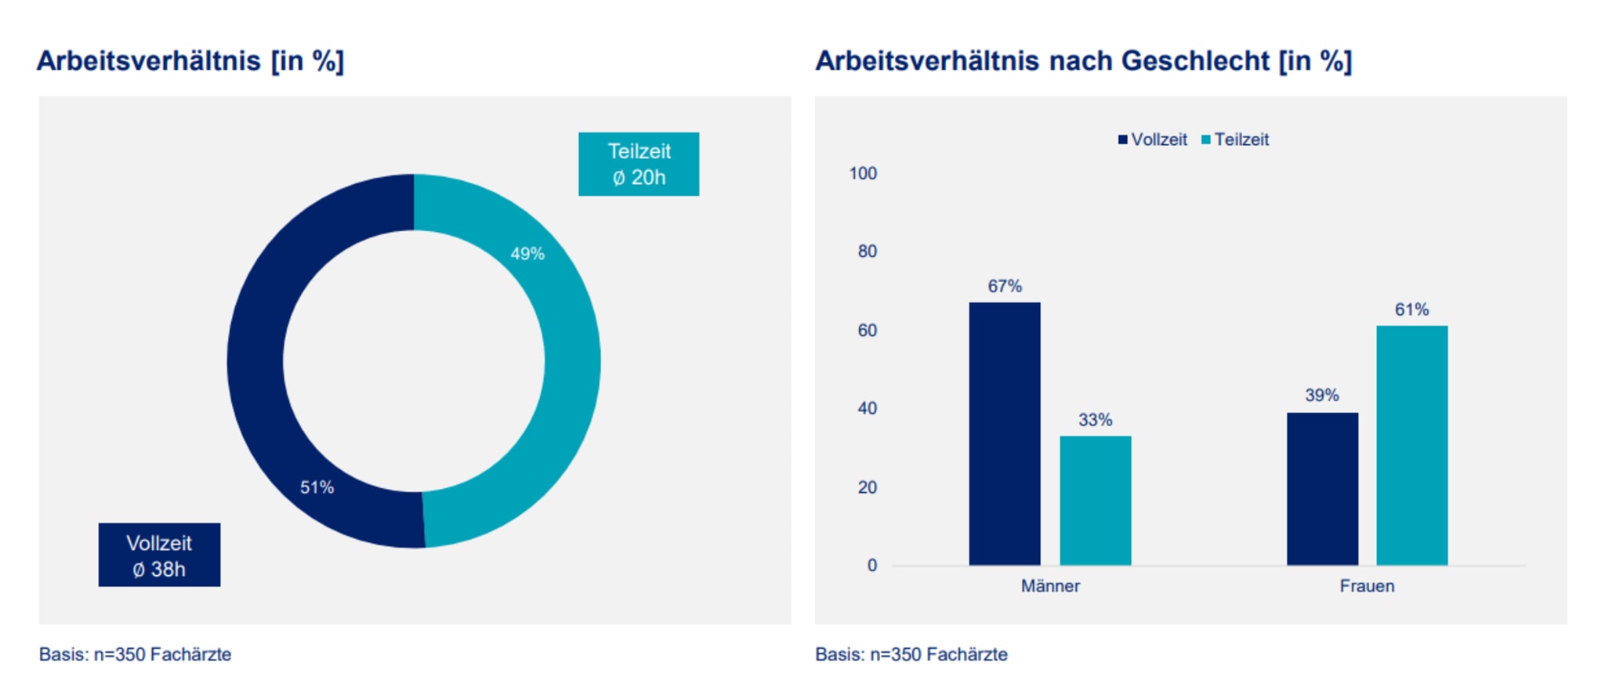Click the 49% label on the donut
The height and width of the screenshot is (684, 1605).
[527, 254]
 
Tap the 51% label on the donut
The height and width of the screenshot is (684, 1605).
[317, 487]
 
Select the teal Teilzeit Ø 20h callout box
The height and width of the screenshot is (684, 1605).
[638, 164]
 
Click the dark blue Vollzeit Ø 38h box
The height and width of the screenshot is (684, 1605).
[159, 555]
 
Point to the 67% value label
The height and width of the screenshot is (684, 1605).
[1004, 286]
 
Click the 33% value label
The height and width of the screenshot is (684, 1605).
[1095, 420]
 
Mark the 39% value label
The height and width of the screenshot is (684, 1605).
[1321, 396]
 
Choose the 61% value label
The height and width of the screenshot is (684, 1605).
[1411, 309]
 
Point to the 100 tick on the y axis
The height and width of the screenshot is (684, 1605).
[862, 173]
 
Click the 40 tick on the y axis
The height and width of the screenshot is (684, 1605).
[867, 408]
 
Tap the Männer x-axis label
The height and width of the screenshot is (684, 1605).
[1049, 586]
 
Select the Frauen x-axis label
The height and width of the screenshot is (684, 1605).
[1367, 586]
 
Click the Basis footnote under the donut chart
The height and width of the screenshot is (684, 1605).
[135, 654]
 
